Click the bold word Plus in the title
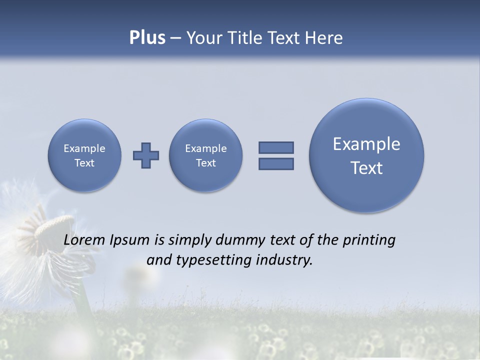147,38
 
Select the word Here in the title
324,38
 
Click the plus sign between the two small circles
146,155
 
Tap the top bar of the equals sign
276,147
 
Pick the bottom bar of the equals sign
276,163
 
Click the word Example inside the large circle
366,144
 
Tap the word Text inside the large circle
366,168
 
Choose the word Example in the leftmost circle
84,148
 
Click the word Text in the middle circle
206,163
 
